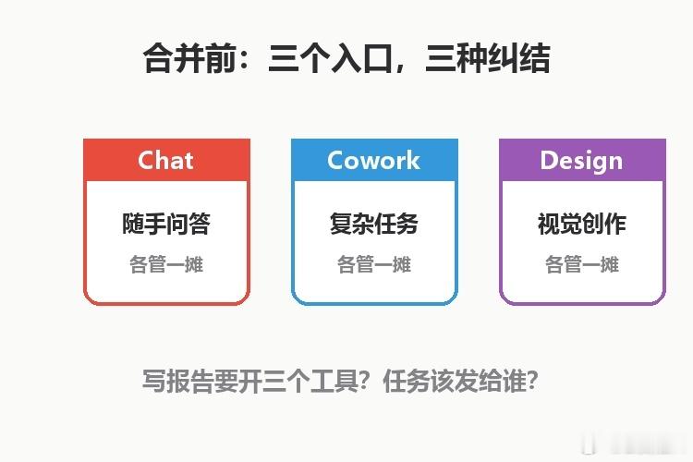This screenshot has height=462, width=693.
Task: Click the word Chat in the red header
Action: [x=165, y=160]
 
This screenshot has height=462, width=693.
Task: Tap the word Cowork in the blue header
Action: [x=374, y=160]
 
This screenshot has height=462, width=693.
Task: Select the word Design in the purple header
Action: [x=581, y=161]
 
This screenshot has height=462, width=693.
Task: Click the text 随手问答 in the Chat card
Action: [x=166, y=224]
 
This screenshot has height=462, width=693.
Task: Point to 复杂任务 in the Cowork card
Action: [x=374, y=224]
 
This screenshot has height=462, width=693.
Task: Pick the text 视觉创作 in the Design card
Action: [x=581, y=224]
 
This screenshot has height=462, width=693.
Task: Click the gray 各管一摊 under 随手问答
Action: [x=166, y=264]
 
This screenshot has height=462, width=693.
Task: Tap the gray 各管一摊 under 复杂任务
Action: [x=374, y=264]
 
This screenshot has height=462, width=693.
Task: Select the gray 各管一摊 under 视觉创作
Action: [x=581, y=264]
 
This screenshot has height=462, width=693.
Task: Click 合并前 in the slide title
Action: [x=190, y=58]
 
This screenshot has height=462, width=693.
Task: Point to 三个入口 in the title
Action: [x=330, y=58]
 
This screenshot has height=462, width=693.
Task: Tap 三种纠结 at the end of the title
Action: [x=488, y=58]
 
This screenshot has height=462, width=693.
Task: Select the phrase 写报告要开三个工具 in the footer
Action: [x=249, y=381]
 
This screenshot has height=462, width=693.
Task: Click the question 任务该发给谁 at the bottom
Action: [x=455, y=381]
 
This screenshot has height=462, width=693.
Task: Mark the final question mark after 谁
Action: [x=532, y=381]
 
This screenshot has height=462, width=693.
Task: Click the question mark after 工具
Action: [x=364, y=381]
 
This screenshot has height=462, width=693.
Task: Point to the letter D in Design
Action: [x=548, y=160]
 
